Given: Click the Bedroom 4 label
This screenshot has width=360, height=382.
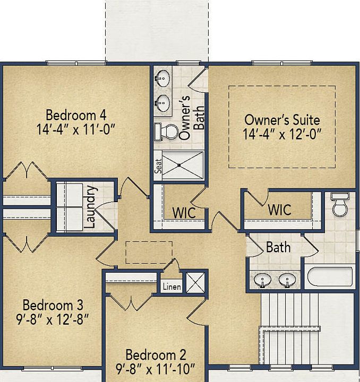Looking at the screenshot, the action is coord(76,115).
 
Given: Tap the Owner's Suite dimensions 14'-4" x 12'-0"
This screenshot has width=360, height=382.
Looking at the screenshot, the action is coord(282,134).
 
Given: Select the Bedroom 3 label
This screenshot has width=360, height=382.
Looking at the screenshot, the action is coord(53,305).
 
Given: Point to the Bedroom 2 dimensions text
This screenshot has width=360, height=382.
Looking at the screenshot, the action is coord(156,369).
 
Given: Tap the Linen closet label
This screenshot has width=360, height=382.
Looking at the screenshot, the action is coord(172,286).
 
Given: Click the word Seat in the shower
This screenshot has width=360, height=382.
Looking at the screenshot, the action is coord(158,166).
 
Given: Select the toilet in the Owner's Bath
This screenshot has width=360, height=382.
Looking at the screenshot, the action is coord(166,132).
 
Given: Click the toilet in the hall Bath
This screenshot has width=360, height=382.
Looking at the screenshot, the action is coord(340,205).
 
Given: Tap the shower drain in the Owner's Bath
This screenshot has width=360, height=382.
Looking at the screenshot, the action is coord(179,165).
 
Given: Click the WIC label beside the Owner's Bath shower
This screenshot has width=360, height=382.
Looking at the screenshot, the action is coord(184,213).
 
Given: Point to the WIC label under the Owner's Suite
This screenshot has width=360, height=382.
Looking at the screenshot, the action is coord(280,210).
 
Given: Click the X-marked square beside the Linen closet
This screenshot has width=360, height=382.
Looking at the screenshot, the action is coord(195,282).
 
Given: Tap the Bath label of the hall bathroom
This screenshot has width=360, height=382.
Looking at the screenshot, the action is coord(278,247).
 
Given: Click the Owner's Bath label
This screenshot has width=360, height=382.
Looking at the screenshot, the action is coord(191,117).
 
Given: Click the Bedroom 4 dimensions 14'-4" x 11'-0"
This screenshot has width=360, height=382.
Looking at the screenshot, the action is coord(76,129).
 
